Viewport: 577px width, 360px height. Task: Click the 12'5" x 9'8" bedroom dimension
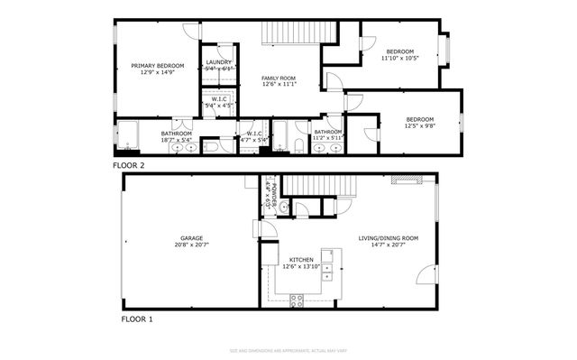(419, 126)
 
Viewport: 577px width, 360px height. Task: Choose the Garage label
(189, 237)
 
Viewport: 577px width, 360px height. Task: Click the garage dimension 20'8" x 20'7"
(189, 245)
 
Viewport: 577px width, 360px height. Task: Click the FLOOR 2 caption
(128, 166)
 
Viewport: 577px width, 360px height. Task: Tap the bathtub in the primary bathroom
(126, 136)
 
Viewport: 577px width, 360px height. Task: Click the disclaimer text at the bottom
(288, 347)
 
